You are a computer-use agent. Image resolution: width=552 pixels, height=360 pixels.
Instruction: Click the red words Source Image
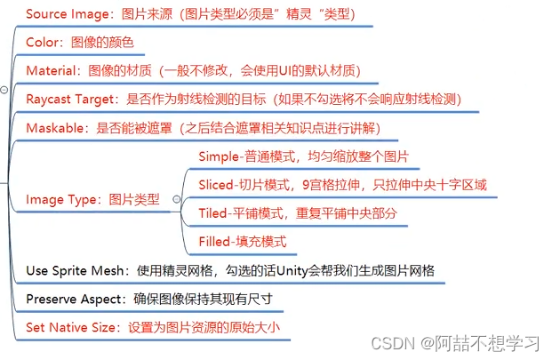click(67, 14)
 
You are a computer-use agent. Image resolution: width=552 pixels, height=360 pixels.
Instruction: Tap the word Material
click(50, 70)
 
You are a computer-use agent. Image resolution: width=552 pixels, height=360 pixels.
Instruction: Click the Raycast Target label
click(70, 99)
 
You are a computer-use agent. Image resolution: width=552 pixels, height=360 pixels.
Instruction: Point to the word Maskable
click(53, 128)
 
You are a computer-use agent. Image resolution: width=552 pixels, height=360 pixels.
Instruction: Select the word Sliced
click(217, 186)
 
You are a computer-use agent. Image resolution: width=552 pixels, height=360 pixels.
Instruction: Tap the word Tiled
click(214, 214)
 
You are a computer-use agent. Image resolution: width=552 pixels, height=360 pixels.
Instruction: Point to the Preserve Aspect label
click(74, 299)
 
